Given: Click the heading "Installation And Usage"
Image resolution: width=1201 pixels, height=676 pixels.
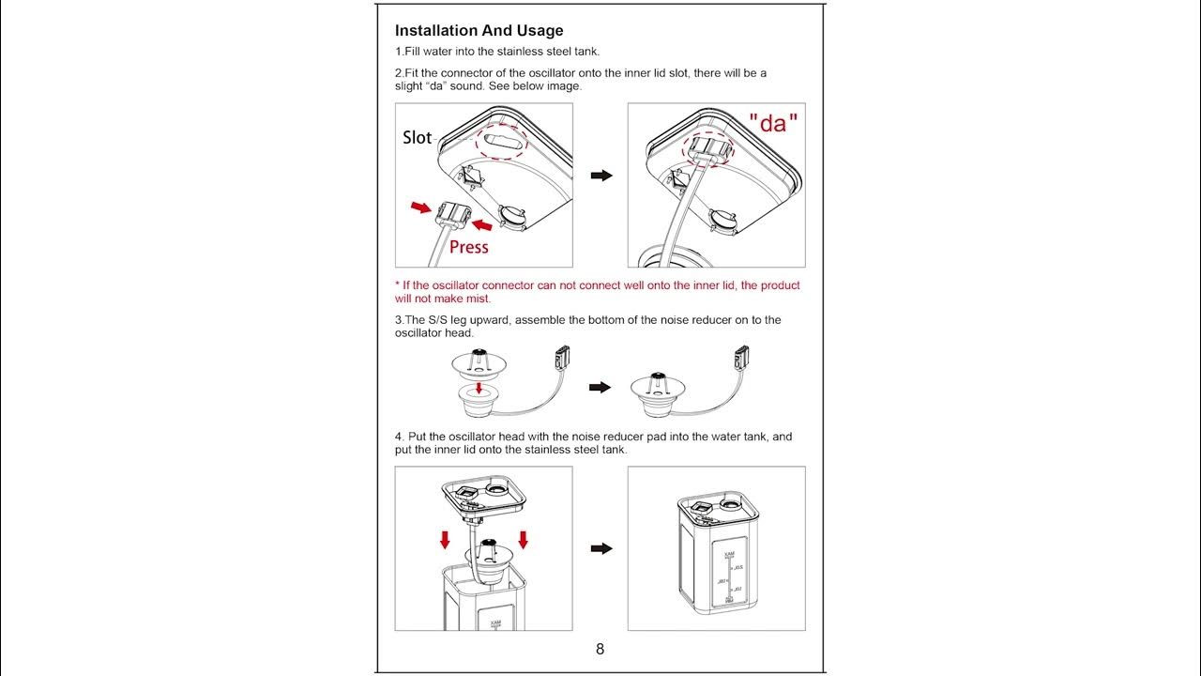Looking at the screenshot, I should click(479, 31).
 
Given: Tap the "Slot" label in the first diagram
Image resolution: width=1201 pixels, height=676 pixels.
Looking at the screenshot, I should click(417, 138).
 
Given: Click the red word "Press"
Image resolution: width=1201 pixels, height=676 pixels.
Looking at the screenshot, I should click(469, 247).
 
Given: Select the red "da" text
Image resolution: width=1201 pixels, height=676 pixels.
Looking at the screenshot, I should click(773, 123).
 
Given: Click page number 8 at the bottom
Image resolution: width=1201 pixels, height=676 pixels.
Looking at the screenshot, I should click(600, 649).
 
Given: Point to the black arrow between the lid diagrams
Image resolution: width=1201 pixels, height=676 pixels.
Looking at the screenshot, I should click(600, 176).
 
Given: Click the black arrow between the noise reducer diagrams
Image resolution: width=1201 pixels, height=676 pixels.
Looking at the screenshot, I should click(600, 387).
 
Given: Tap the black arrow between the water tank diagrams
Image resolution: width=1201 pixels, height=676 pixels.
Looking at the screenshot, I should click(600, 548).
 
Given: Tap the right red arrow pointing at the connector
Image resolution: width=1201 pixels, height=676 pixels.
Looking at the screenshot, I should click(482, 224).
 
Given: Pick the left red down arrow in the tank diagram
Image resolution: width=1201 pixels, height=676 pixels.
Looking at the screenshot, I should click(445, 539).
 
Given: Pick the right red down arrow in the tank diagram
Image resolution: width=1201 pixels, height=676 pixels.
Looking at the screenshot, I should click(523, 539).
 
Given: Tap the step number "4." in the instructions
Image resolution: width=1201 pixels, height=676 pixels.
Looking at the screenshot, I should click(400, 437).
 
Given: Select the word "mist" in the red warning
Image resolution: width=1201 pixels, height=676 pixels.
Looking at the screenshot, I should click(477, 299).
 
